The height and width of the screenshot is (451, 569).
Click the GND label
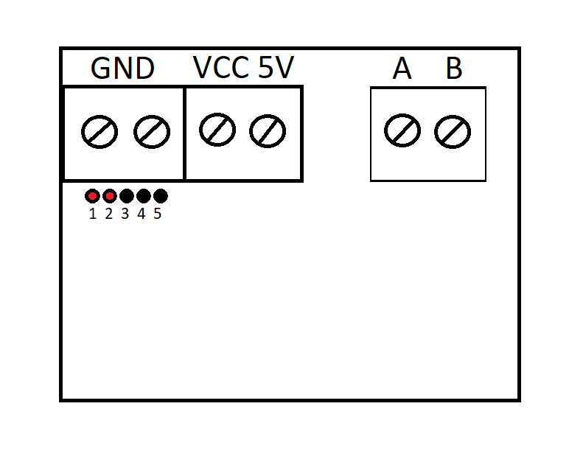[x=122, y=69]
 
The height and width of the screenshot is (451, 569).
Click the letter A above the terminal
[x=402, y=69]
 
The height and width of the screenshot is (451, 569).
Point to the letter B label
[x=454, y=69]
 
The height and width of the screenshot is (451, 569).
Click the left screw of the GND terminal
[x=100, y=133]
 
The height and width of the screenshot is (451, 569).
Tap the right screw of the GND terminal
[x=152, y=133]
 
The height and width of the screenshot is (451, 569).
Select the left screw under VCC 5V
[x=217, y=130]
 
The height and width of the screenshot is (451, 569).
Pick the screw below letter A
[x=402, y=131]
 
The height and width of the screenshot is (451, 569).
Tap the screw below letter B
[x=453, y=132]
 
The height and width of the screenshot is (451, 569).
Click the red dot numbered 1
[x=92, y=196]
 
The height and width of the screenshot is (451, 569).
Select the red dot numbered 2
[x=109, y=196]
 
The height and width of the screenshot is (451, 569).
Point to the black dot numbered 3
[x=126, y=196]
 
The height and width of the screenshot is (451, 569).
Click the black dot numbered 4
[x=143, y=196]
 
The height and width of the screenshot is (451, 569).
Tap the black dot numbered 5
[x=160, y=196]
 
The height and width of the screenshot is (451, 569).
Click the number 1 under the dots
[x=93, y=214]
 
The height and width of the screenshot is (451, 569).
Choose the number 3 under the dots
[x=125, y=214]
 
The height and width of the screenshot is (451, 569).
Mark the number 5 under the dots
[x=158, y=214]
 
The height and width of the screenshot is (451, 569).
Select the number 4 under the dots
[x=142, y=214]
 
